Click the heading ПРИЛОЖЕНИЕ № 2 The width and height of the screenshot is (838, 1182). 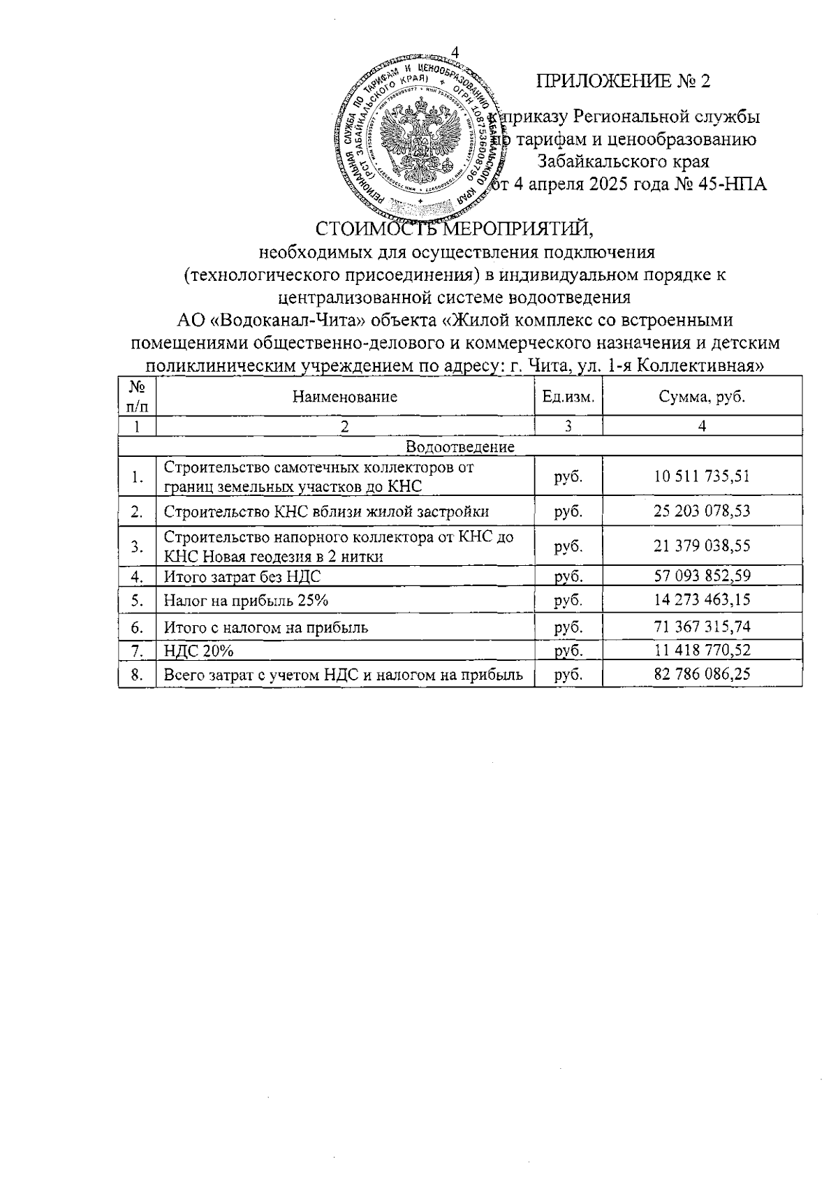point(623,82)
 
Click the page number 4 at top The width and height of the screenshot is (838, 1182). point(455,53)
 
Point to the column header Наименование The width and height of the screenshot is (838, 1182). point(345,397)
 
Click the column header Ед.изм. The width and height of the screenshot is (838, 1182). point(568,397)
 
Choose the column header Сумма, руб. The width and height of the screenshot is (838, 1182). point(702,397)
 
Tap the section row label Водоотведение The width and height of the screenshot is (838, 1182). point(460,446)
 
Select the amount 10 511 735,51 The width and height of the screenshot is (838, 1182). point(702,477)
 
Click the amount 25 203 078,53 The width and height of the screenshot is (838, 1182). point(702,511)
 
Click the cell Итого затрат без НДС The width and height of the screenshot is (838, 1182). point(242,577)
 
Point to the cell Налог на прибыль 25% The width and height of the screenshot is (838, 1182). point(246,601)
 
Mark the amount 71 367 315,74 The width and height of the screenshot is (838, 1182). point(702,627)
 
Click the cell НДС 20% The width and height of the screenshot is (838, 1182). point(198,651)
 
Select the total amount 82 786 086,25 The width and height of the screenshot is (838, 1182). point(702,675)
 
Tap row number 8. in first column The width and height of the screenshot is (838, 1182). point(138,675)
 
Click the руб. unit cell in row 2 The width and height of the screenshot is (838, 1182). point(568,511)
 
